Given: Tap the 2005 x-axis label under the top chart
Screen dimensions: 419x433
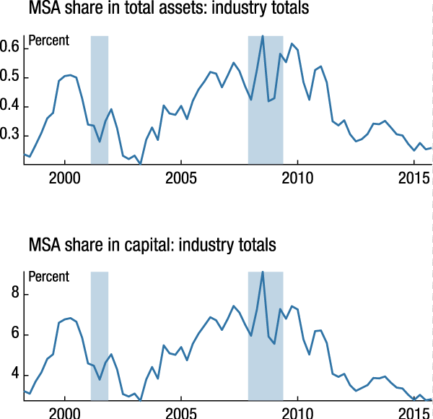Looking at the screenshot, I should (181, 178).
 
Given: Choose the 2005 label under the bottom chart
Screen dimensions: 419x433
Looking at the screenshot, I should (181, 412).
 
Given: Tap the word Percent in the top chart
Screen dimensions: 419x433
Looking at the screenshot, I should (48, 41).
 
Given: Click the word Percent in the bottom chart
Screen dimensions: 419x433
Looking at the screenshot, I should (48, 277).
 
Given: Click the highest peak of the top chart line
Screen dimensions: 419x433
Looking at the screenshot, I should (263, 36).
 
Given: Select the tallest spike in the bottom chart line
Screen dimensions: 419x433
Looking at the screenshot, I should (263, 272).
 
